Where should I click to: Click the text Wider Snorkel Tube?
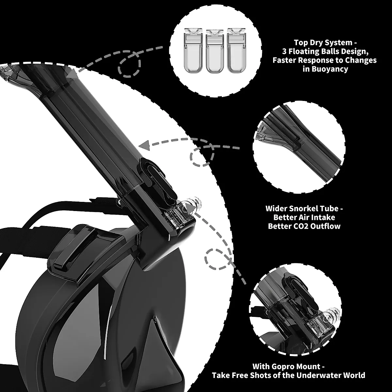(304, 208)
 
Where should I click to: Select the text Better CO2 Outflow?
(304, 226)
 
